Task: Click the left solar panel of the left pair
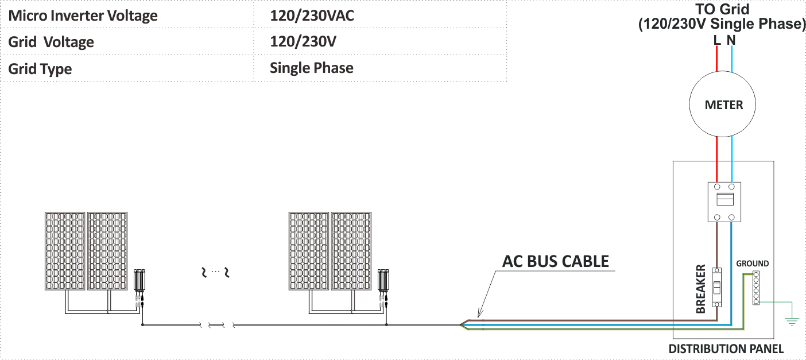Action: (x=64, y=251)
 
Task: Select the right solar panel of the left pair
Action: (x=107, y=251)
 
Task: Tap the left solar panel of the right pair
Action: (x=308, y=251)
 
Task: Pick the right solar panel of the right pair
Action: (x=351, y=251)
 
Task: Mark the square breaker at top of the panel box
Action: (x=724, y=201)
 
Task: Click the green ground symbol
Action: (x=792, y=320)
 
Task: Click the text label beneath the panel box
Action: (x=724, y=347)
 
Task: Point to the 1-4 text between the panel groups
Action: (x=214, y=274)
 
